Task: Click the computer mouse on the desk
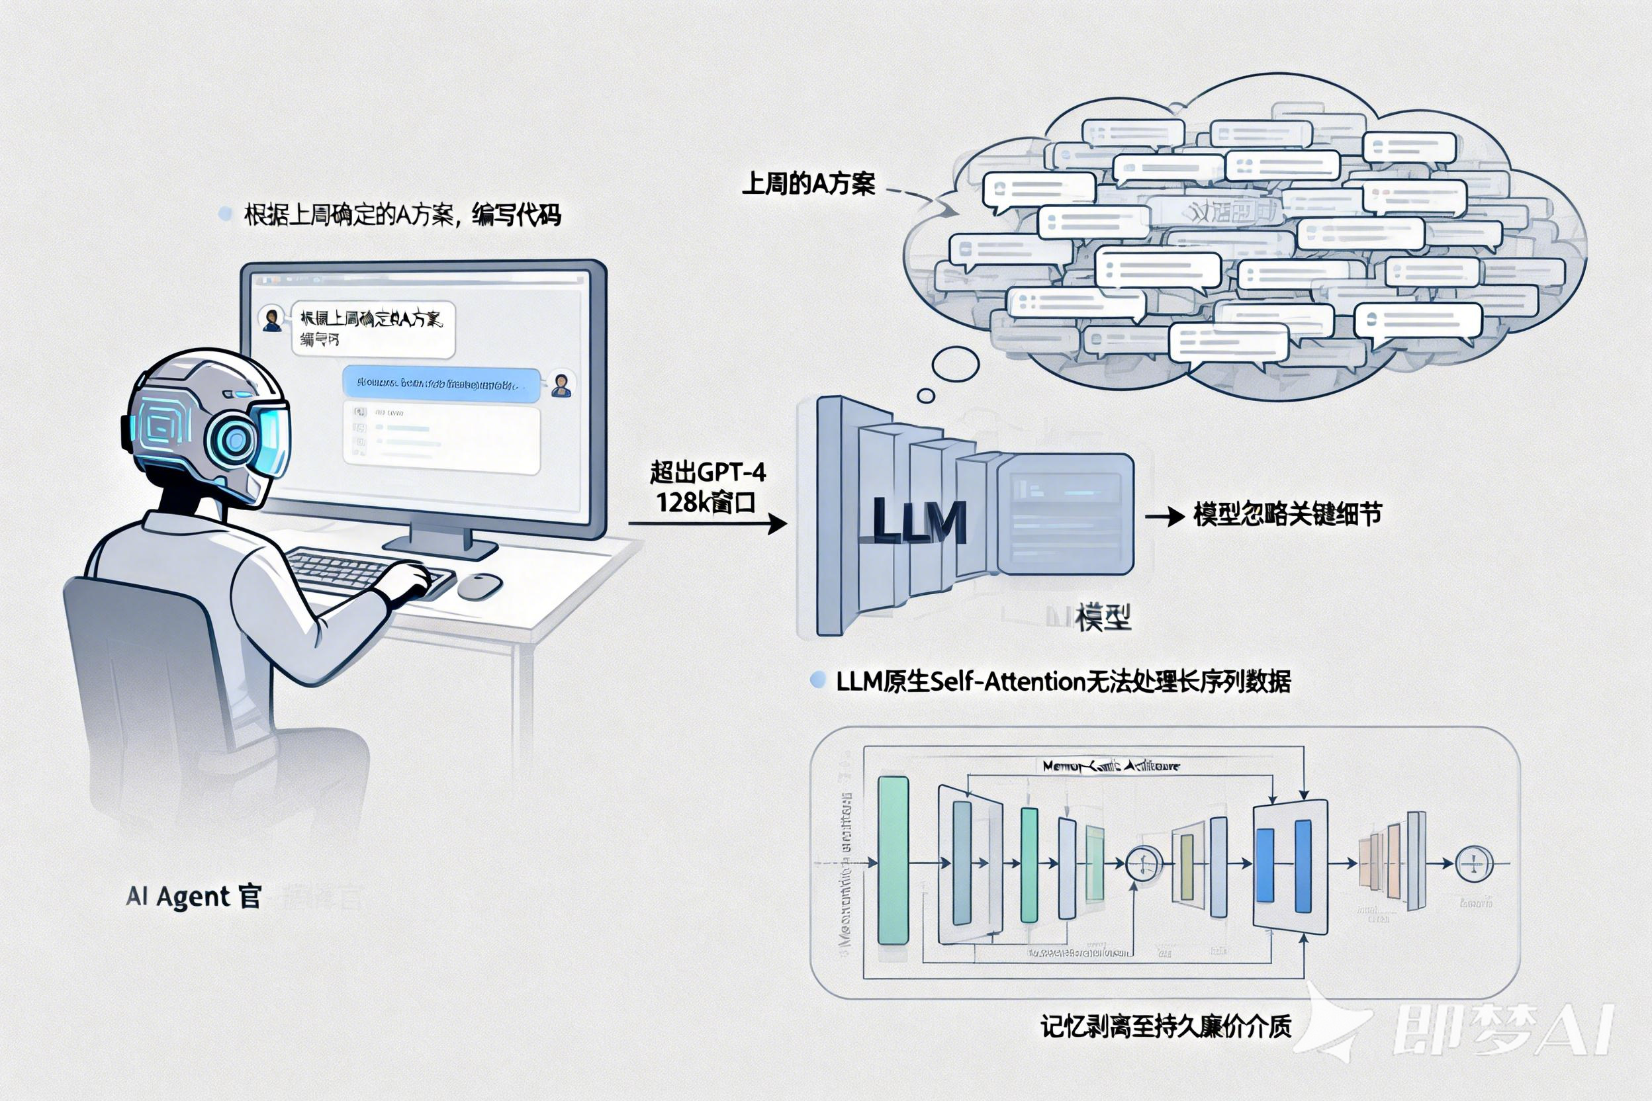(x=481, y=586)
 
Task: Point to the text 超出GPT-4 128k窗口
(x=707, y=486)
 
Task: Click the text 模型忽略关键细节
(x=1287, y=515)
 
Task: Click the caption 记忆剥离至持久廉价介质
(x=1166, y=1027)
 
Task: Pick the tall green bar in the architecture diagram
(x=894, y=861)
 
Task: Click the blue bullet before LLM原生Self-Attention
(x=817, y=680)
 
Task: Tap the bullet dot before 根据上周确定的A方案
(x=225, y=214)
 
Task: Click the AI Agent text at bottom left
(x=193, y=897)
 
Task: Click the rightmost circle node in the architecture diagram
(x=1473, y=863)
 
